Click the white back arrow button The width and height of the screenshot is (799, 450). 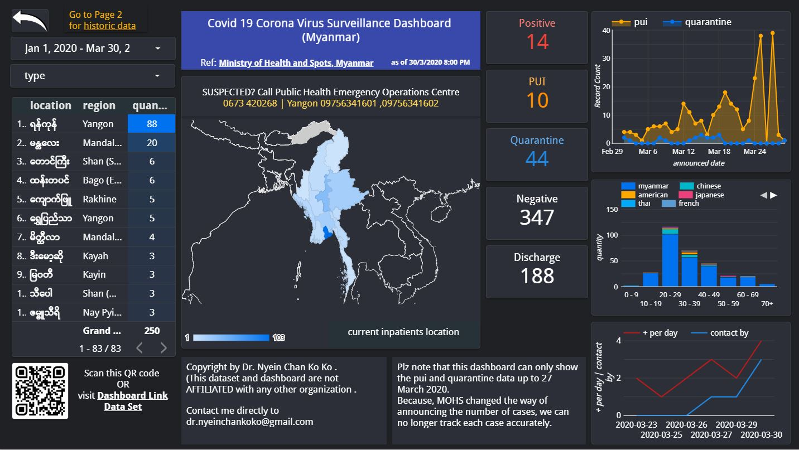click(x=30, y=21)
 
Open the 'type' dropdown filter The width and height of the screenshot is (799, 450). click(x=93, y=76)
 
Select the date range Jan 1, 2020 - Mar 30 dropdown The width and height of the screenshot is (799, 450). click(x=93, y=49)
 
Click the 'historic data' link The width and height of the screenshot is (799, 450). click(x=109, y=26)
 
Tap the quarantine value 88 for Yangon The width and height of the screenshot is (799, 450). click(x=151, y=124)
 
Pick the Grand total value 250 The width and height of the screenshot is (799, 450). click(x=152, y=331)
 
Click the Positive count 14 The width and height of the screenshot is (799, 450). click(x=537, y=42)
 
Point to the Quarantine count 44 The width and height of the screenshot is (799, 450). click(x=537, y=159)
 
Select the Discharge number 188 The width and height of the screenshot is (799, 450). click(x=537, y=275)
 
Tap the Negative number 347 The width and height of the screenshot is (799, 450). click(x=537, y=217)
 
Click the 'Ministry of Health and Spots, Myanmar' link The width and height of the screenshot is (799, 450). click(x=296, y=63)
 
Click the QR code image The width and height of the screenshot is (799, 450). click(x=40, y=391)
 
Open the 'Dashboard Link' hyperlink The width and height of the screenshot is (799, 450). click(x=132, y=395)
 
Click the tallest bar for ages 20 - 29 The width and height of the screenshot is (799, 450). click(x=670, y=259)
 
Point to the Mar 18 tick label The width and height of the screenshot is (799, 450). click(x=719, y=151)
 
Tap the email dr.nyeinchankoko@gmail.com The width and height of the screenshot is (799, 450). click(x=249, y=422)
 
